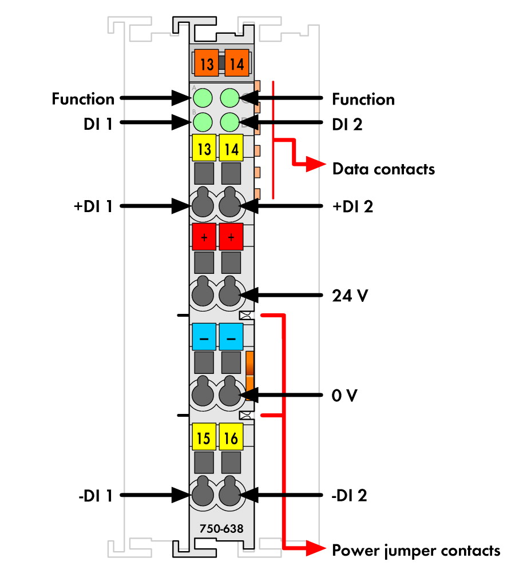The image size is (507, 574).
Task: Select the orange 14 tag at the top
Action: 236,63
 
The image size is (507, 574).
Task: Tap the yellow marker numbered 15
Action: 204,438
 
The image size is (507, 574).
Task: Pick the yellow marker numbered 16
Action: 231,438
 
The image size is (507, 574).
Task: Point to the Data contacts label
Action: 383,169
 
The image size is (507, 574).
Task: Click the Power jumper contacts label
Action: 416,551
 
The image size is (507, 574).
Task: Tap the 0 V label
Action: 344,395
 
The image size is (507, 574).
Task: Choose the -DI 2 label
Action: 349,495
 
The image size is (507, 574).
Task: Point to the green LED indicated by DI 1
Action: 202,122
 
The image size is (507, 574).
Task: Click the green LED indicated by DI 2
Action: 229,122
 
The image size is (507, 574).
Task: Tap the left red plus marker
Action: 204,237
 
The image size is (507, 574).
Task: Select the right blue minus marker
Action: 231,338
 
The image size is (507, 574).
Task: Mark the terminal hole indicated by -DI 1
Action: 202,494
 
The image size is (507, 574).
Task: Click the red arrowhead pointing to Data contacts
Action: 315,165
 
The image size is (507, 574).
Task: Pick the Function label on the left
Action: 83,99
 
